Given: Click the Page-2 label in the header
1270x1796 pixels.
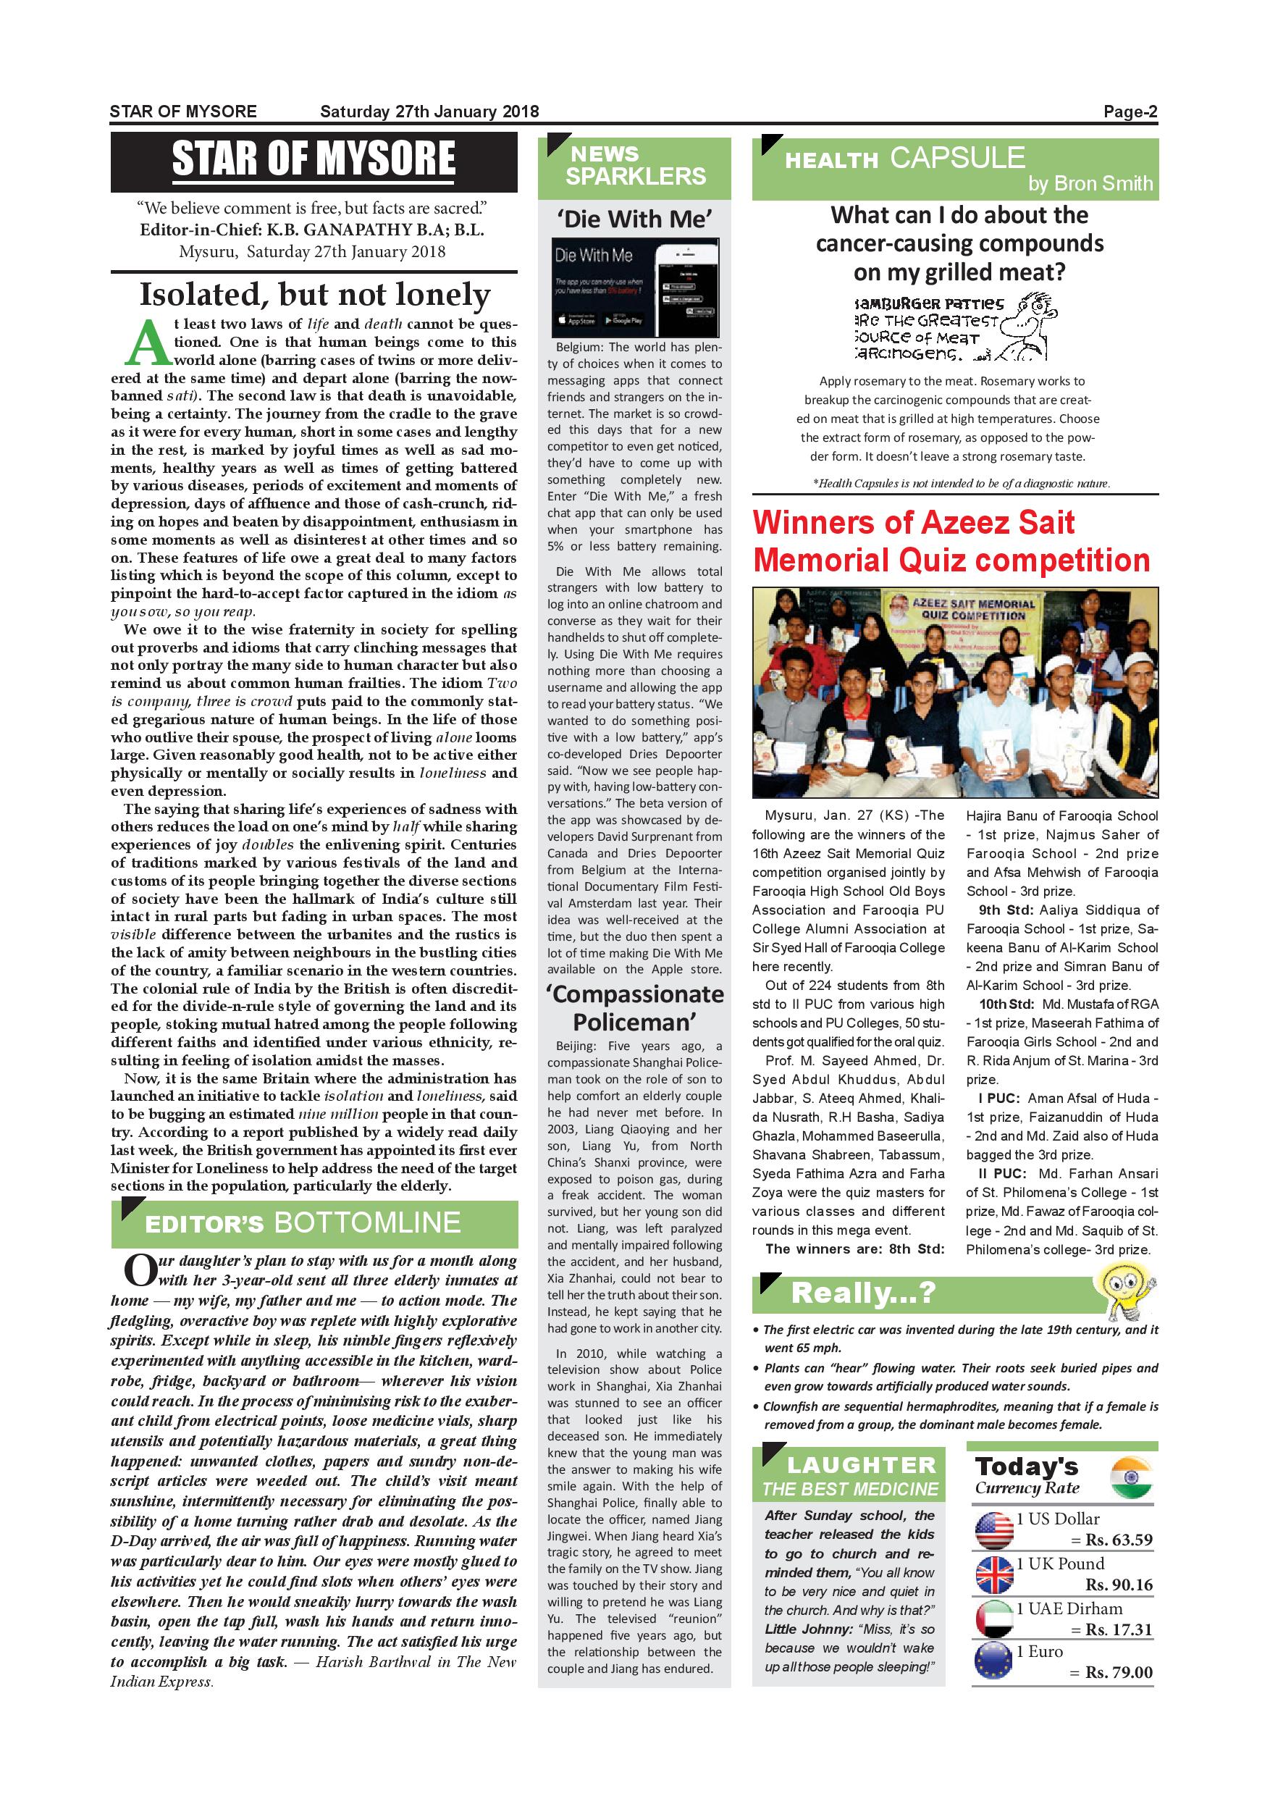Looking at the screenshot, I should pos(1130,112).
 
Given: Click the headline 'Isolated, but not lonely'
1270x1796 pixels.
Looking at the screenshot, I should pos(314,294).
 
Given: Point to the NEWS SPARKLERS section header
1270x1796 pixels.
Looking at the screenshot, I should pos(634,166).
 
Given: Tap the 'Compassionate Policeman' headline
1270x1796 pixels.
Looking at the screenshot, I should pos(634,1007).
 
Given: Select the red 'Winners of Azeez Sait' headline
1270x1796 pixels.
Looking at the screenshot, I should pos(950,540).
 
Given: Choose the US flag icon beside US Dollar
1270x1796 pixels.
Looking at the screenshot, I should pos(994,1531).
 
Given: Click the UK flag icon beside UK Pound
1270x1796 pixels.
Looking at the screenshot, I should pos(994,1575).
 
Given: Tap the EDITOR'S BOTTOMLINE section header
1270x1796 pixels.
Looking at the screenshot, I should pos(314,1223).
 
